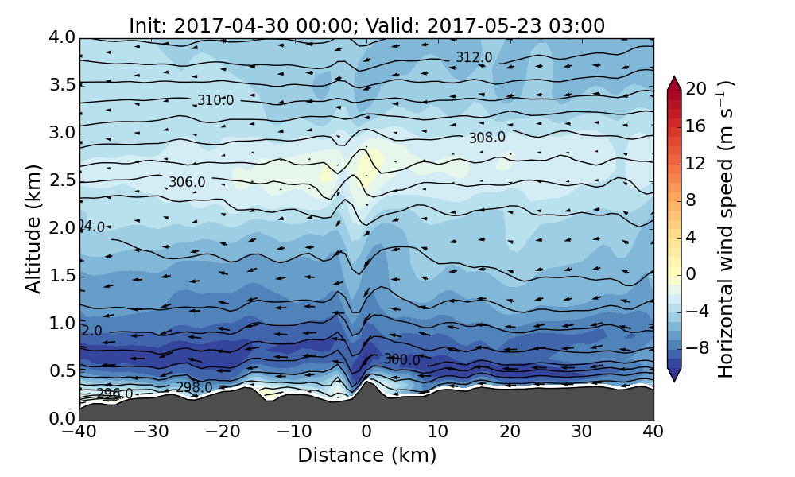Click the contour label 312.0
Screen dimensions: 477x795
pyautogui.click(x=474, y=57)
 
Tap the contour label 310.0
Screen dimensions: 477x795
pyautogui.click(x=215, y=100)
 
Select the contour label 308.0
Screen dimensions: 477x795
pyautogui.click(x=487, y=138)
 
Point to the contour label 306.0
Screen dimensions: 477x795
pyautogui.click(x=187, y=182)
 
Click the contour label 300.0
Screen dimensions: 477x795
pyautogui.click(x=401, y=359)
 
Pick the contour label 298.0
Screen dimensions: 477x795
pyautogui.click(x=194, y=388)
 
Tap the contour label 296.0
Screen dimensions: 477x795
pyautogui.click(x=114, y=394)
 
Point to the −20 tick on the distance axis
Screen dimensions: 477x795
pyautogui.click(x=223, y=432)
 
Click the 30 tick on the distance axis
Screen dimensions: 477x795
pyautogui.click(x=581, y=432)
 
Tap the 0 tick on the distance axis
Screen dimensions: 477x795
pyautogui.click(x=366, y=432)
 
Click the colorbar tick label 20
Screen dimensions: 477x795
pyautogui.click(x=696, y=89)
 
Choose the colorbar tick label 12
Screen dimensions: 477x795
pyautogui.click(x=696, y=163)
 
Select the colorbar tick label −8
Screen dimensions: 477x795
pyautogui.click(x=696, y=347)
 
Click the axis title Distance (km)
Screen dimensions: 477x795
pyautogui.click(x=366, y=456)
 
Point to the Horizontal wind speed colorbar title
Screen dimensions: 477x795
pyautogui.click(x=726, y=229)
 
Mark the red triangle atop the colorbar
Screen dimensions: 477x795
pyautogui.click(x=674, y=83)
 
